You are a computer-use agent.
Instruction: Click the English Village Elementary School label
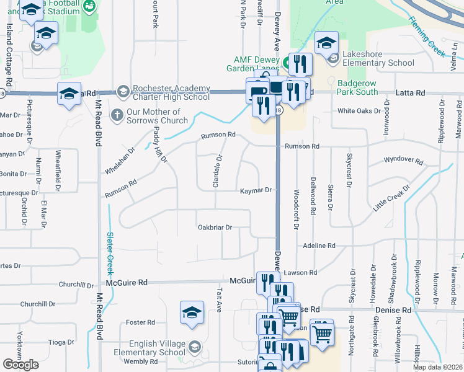tap(157, 348)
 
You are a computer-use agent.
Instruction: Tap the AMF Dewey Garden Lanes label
tap(256, 63)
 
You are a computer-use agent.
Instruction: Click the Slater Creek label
tap(110, 254)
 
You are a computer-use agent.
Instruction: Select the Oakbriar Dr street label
tap(215, 228)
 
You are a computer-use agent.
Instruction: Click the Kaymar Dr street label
tap(256, 191)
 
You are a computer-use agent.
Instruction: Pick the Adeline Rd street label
tap(319, 246)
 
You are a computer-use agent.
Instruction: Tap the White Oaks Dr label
tap(359, 112)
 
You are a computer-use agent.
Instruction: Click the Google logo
tap(21, 364)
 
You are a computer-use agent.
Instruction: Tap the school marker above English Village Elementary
tap(192, 313)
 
